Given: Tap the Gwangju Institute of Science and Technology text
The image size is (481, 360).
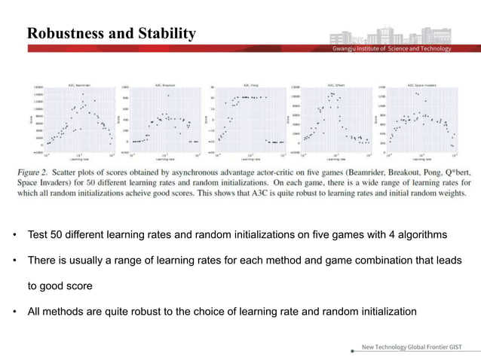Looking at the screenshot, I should click(x=392, y=49).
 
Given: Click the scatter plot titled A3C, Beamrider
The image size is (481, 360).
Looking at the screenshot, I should click(x=78, y=119).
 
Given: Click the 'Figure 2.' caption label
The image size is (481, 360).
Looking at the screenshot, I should click(x=44, y=172).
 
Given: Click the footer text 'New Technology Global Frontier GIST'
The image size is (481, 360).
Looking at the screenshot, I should click(x=412, y=347).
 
